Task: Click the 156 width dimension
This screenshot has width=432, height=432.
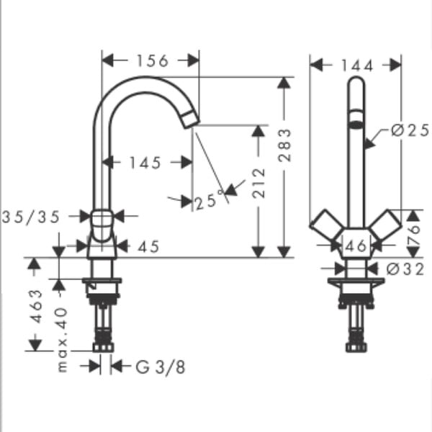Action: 153,61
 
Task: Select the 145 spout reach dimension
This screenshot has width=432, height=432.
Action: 145,163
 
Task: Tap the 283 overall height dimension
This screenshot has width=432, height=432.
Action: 284,145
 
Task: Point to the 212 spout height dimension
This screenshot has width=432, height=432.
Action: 258,183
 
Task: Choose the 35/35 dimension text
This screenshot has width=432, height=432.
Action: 31,217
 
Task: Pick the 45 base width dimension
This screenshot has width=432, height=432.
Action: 148,246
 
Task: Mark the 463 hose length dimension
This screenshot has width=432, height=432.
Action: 36,306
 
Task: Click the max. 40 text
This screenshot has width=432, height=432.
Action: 62,340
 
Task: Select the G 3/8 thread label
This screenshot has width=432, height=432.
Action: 161,367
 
